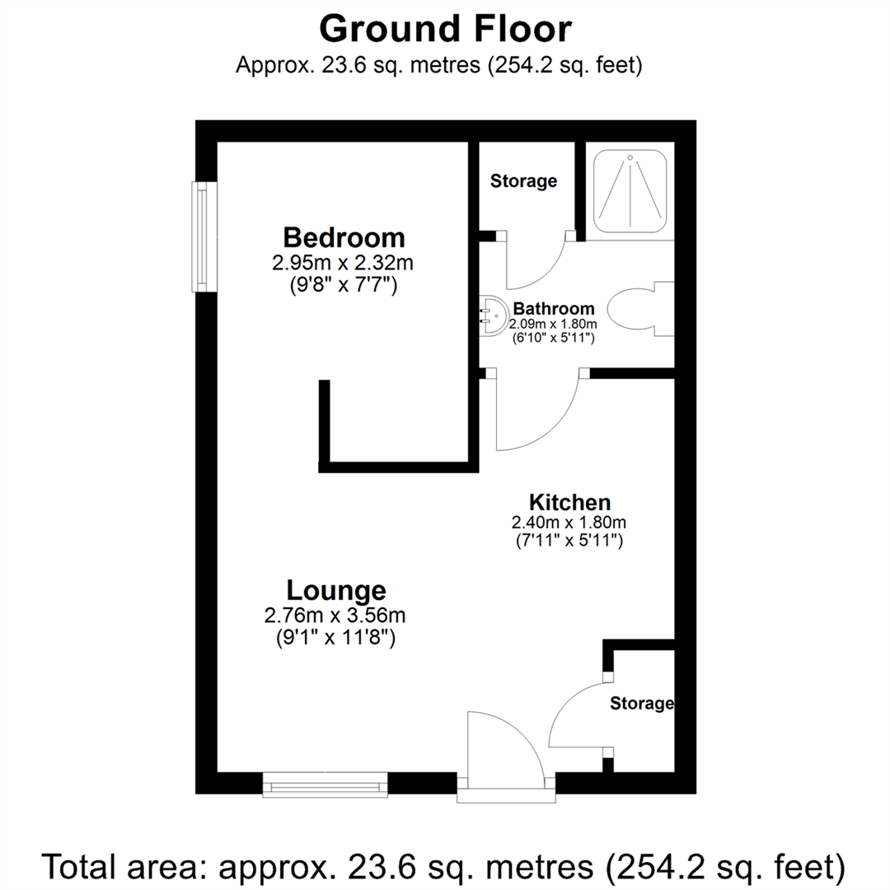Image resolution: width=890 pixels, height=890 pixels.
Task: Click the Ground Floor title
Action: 445,29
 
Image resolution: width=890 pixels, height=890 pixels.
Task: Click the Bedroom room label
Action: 344,237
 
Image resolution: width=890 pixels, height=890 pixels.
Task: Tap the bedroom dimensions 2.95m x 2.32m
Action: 342,265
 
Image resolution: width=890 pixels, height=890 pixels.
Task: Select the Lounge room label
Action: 336,590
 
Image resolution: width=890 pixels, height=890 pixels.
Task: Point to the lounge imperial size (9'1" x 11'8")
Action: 335,637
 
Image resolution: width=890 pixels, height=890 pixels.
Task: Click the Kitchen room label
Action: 569,502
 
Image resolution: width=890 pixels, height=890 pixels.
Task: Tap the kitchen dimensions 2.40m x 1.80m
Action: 569,522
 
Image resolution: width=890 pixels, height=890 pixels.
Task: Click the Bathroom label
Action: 553,309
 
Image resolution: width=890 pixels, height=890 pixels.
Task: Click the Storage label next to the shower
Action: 523,180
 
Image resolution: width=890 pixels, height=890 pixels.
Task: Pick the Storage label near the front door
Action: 641,703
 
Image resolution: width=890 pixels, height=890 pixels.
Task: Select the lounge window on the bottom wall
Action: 325,785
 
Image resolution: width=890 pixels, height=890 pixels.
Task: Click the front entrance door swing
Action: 499,746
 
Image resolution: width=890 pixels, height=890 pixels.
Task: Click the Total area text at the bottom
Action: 445,867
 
